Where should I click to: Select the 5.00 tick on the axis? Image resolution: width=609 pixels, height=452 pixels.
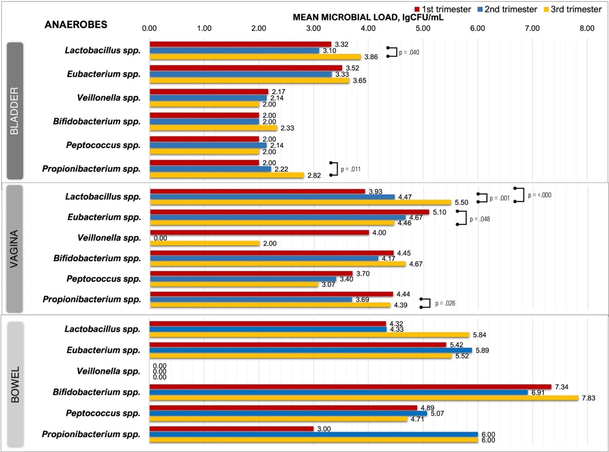point(423,28)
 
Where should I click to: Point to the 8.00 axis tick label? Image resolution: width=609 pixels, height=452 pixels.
point(587,28)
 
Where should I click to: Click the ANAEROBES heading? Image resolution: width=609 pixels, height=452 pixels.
point(76,25)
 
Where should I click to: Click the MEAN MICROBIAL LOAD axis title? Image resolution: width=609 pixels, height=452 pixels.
point(368,17)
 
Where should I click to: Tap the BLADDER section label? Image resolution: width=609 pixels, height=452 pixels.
point(15,110)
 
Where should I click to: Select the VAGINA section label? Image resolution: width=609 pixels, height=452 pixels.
point(14,249)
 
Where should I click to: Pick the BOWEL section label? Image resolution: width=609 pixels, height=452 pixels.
point(15,384)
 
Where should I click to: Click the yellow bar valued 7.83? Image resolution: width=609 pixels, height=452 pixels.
point(364,398)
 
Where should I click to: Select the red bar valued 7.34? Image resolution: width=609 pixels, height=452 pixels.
point(350,387)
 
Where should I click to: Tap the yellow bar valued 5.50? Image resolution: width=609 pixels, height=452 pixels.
point(300,202)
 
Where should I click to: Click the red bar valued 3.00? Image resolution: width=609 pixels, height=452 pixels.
point(231,429)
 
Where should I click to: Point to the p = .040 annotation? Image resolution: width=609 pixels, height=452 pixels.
point(409,52)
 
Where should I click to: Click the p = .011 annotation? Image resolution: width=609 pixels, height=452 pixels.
point(350,169)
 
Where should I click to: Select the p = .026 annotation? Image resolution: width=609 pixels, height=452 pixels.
point(445,303)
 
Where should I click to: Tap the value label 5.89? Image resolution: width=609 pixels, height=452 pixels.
point(482,351)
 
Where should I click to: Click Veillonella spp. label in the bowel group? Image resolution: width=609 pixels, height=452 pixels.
point(108,371)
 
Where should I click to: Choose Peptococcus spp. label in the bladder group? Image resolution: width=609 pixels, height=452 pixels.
point(103,145)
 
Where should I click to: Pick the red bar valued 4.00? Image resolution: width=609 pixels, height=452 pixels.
point(260,232)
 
